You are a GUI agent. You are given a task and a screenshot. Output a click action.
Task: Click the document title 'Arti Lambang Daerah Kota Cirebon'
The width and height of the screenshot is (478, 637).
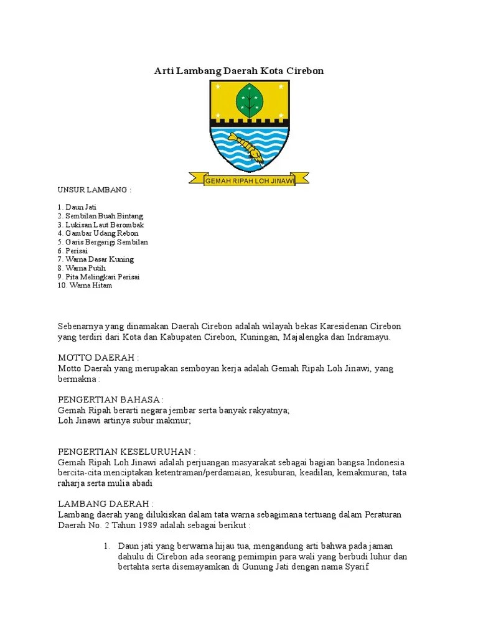(x=239, y=71)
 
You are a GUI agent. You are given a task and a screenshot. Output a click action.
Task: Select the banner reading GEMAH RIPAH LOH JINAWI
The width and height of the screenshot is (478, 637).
(x=249, y=180)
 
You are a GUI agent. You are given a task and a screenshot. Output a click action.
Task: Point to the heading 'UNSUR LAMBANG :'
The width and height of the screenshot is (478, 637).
(x=95, y=189)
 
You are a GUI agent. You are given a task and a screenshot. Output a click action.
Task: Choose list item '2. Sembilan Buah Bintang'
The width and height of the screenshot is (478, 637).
(x=100, y=216)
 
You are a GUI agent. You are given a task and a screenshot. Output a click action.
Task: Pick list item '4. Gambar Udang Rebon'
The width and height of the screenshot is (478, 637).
(x=98, y=233)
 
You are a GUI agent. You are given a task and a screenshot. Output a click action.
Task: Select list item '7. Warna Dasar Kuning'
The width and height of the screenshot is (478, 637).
(x=95, y=259)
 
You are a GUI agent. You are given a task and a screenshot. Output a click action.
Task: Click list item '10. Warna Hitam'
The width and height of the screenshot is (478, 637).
(x=85, y=286)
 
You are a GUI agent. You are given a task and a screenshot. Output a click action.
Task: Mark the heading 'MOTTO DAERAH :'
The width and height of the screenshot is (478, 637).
(x=98, y=358)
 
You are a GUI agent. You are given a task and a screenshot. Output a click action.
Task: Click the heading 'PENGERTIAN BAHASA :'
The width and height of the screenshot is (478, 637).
(x=111, y=399)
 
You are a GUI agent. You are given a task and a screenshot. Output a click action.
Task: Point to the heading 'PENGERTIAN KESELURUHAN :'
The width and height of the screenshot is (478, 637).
(x=127, y=452)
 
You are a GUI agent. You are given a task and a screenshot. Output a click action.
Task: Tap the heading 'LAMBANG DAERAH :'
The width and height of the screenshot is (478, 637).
(x=105, y=503)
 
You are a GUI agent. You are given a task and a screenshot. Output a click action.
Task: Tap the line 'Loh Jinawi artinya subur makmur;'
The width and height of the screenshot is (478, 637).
(x=124, y=421)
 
